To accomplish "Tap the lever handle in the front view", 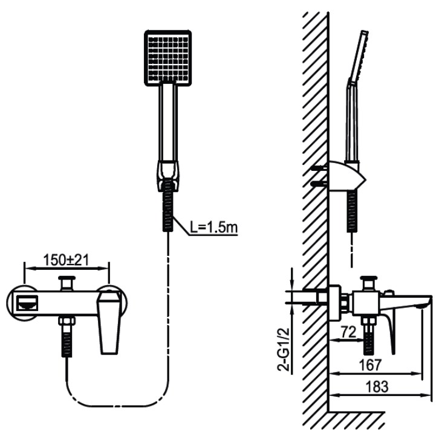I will coord(109,321).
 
